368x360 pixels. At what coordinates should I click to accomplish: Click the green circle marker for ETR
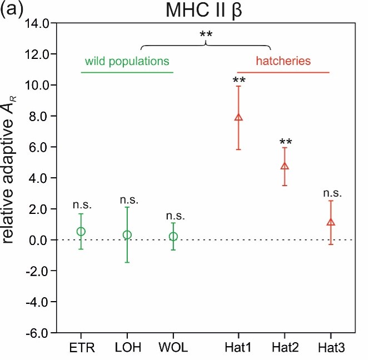click(x=81, y=231)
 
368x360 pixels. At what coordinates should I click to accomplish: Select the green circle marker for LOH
click(x=127, y=234)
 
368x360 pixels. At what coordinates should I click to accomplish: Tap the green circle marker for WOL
click(x=173, y=236)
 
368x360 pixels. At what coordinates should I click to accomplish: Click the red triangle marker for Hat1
click(x=238, y=117)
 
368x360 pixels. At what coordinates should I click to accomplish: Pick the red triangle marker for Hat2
click(x=285, y=166)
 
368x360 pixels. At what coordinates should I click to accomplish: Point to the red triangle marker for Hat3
click(x=331, y=222)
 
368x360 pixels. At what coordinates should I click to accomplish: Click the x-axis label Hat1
click(x=238, y=348)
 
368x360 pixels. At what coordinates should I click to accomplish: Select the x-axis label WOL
click(x=173, y=348)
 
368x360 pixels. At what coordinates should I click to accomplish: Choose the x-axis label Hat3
click(x=332, y=348)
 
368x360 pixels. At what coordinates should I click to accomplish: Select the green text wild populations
click(x=127, y=60)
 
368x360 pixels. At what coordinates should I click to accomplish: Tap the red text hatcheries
click(x=283, y=60)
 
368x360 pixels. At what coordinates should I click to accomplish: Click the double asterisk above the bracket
click(x=206, y=36)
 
